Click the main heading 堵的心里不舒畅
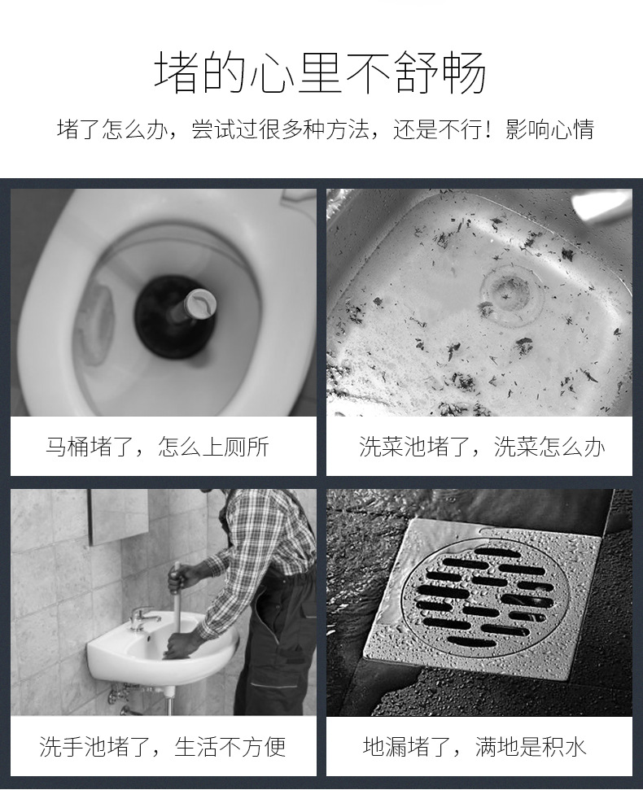[x=321, y=72]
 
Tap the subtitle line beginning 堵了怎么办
[x=326, y=130]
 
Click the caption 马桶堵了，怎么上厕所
[x=157, y=447]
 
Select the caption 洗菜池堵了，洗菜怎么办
[x=482, y=447]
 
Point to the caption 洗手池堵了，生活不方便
[x=162, y=747]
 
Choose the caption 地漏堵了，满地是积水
[x=475, y=747]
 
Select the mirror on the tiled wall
[x=119, y=517]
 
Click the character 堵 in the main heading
[x=176, y=72]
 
